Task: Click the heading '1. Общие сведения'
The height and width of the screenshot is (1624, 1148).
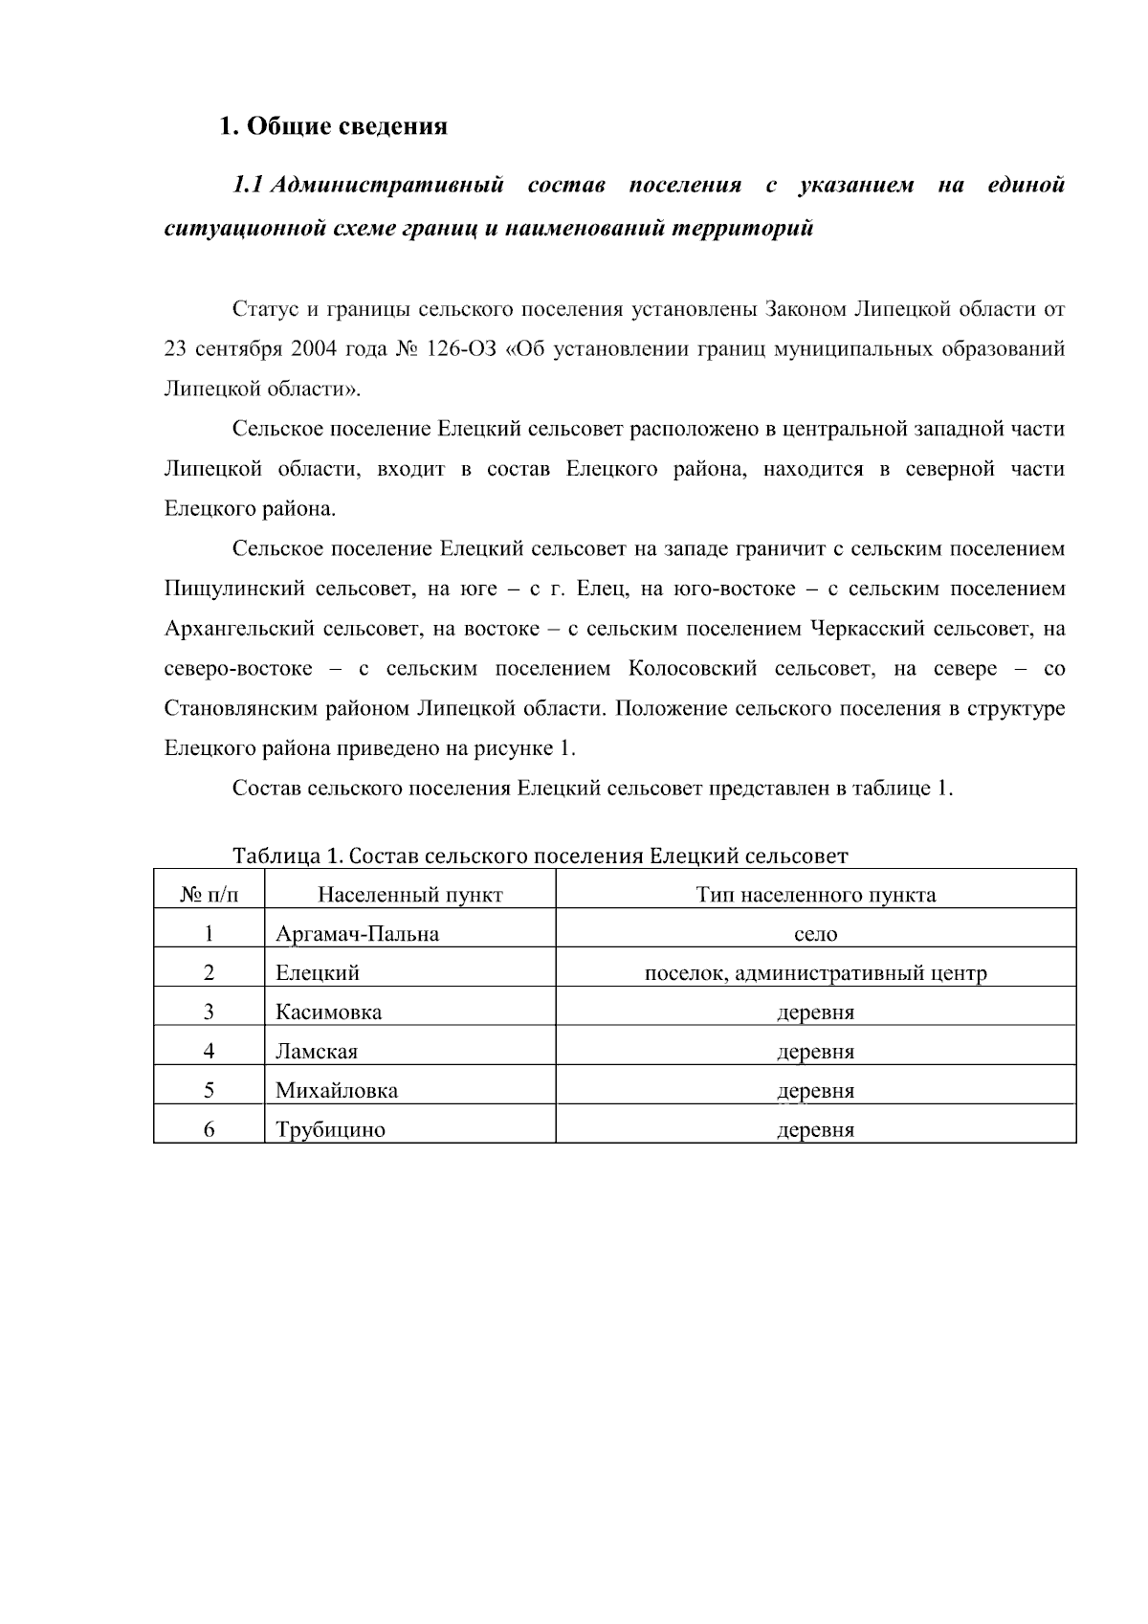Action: (x=334, y=126)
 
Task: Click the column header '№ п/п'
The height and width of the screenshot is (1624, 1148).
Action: (x=209, y=896)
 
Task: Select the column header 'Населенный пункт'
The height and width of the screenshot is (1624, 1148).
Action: (x=409, y=896)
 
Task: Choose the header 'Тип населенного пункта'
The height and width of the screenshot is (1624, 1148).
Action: (x=815, y=896)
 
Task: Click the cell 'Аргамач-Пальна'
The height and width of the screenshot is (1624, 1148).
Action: (x=357, y=934)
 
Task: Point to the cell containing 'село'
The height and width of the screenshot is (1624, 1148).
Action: (x=815, y=934)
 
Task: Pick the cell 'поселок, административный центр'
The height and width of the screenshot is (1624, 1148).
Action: (x=815, y=974)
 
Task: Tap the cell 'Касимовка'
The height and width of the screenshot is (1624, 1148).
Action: (x=328, y=1012)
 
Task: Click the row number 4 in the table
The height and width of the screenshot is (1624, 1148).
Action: (x=209, y=1052)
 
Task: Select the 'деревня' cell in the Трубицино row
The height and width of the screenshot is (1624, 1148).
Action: (x=815, y=1130)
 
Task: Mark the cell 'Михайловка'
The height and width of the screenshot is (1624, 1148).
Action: (x=337, y=1091)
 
